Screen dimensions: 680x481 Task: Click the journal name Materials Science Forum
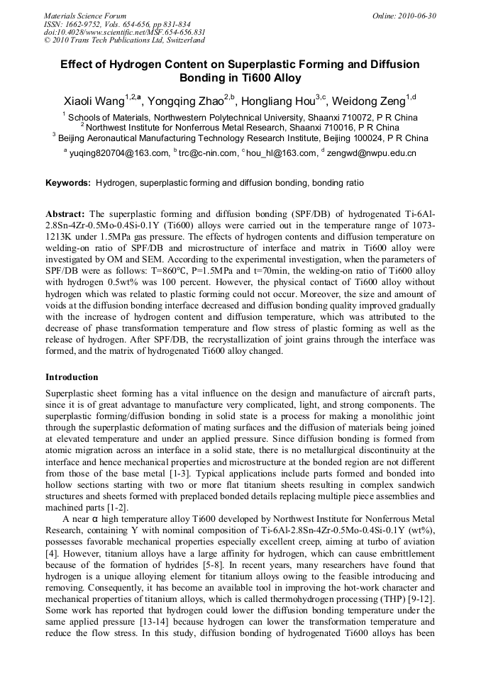pos(85,15)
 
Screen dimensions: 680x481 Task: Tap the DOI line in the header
pos(124,33)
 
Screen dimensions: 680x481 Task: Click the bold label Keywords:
pos(68,183)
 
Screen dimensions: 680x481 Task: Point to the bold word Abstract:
pos(65,213)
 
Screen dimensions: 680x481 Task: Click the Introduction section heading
pos(72,377)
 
